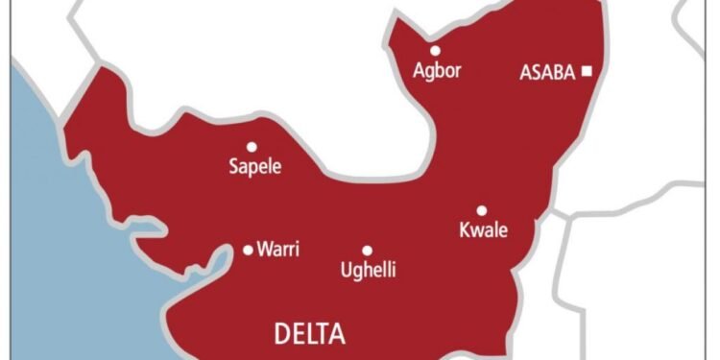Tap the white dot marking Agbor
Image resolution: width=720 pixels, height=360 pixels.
(x=435, y=50)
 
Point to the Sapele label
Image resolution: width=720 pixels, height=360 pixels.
(x=254, y=167)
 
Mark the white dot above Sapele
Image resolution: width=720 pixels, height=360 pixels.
(x=252, y=147)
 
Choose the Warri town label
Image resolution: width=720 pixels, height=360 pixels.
(x=279, y=250)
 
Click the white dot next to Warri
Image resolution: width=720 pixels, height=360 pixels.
(x=248, y=250)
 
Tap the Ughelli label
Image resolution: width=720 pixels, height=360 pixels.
(x=369, y=271)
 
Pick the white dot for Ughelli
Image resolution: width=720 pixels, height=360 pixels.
(x=367, y=250)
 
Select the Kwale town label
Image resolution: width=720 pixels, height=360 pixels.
(x=483, y=230)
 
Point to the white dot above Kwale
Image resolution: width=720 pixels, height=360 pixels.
(x=481, y=210)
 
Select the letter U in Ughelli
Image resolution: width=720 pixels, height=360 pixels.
(x=347, y=270)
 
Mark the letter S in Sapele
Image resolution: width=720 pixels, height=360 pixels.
(x=233, y=166)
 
